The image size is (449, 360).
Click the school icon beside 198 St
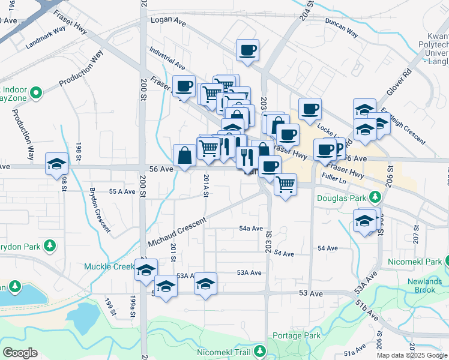click(57, 164)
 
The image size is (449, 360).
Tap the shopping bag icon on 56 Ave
click(184, 155)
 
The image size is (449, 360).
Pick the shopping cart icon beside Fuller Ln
click(286, 184)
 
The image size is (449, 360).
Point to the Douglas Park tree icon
click(375, 197)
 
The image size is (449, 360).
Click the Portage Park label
click(297, 335)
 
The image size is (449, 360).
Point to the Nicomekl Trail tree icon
click(260, 350)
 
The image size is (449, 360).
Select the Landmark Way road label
click(46, 37)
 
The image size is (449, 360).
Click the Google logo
click(20, 353)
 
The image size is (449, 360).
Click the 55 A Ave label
click(122, 191)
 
